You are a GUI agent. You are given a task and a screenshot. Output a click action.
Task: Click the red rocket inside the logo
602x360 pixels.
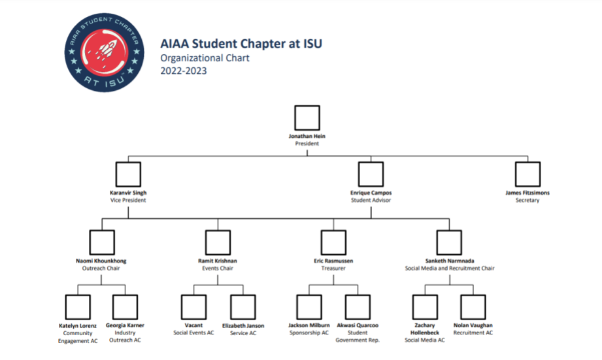[x=107, y=51]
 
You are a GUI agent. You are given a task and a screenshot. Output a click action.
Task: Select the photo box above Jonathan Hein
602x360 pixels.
[x=307, y=118]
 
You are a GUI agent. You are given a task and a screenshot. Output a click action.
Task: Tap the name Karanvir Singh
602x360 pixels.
[x=128, y=193]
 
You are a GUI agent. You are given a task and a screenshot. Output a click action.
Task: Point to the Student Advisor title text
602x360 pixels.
[x=371, y=201]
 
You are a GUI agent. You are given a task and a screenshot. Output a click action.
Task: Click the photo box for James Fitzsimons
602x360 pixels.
[x=527, y=174]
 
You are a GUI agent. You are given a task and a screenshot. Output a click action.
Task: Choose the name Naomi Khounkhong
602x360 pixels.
[x=101, y=261]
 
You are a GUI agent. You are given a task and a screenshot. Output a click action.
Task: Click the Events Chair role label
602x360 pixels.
[x=218, y=268]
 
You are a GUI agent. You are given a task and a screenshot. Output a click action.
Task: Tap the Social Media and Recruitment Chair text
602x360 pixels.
[x=450, y=268]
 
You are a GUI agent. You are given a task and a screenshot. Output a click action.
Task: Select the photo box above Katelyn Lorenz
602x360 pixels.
[x=78, y=307]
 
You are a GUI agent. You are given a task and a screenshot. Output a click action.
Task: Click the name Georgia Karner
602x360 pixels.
[x=125, y=325]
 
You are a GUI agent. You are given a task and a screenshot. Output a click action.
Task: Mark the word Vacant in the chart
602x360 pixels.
[x=193, y=325]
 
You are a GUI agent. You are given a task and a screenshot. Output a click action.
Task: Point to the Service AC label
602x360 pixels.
[x=243, y=333]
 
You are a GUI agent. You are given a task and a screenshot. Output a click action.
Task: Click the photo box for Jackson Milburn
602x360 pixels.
[x=309, y=307]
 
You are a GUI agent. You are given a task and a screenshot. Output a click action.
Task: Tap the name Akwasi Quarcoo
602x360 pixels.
[x=358, y=325]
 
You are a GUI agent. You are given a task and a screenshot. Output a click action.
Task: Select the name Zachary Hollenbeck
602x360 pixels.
[x=425, y=329]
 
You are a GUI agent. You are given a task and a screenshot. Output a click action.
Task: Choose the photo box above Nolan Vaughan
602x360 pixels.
[x=473, y=307]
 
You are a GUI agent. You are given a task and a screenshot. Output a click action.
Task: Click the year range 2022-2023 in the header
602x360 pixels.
[x=184, y=71]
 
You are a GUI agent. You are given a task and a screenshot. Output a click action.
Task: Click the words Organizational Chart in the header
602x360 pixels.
[x=205, y=58]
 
